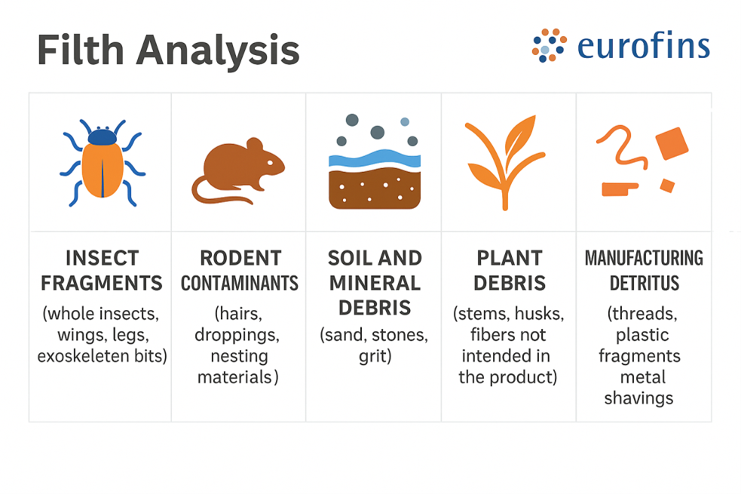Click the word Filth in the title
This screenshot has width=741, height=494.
coord(81,49)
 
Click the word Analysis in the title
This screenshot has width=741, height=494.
coord(218,52)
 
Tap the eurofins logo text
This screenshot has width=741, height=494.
coord(644,45)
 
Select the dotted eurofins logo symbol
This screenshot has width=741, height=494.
coord(549,45)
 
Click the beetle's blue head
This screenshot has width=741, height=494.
coord(102,137)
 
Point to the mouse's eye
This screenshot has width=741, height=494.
coord(270,163)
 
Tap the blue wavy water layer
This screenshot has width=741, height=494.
coord(375,159)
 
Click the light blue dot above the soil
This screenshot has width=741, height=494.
coord(405,121)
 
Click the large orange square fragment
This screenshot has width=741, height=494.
coord(672,143)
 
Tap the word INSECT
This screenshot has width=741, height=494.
coord(102,258)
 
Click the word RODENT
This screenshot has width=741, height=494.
coord(240,258)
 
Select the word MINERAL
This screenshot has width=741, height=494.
coord(375,283)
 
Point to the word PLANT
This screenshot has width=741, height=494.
coord(510,258)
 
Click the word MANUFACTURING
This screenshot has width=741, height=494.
coord(644,258)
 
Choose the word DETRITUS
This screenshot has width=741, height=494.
coord(644,283)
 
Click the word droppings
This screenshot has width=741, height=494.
coord(237,336)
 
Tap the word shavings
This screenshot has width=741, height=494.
coord(639,398)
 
